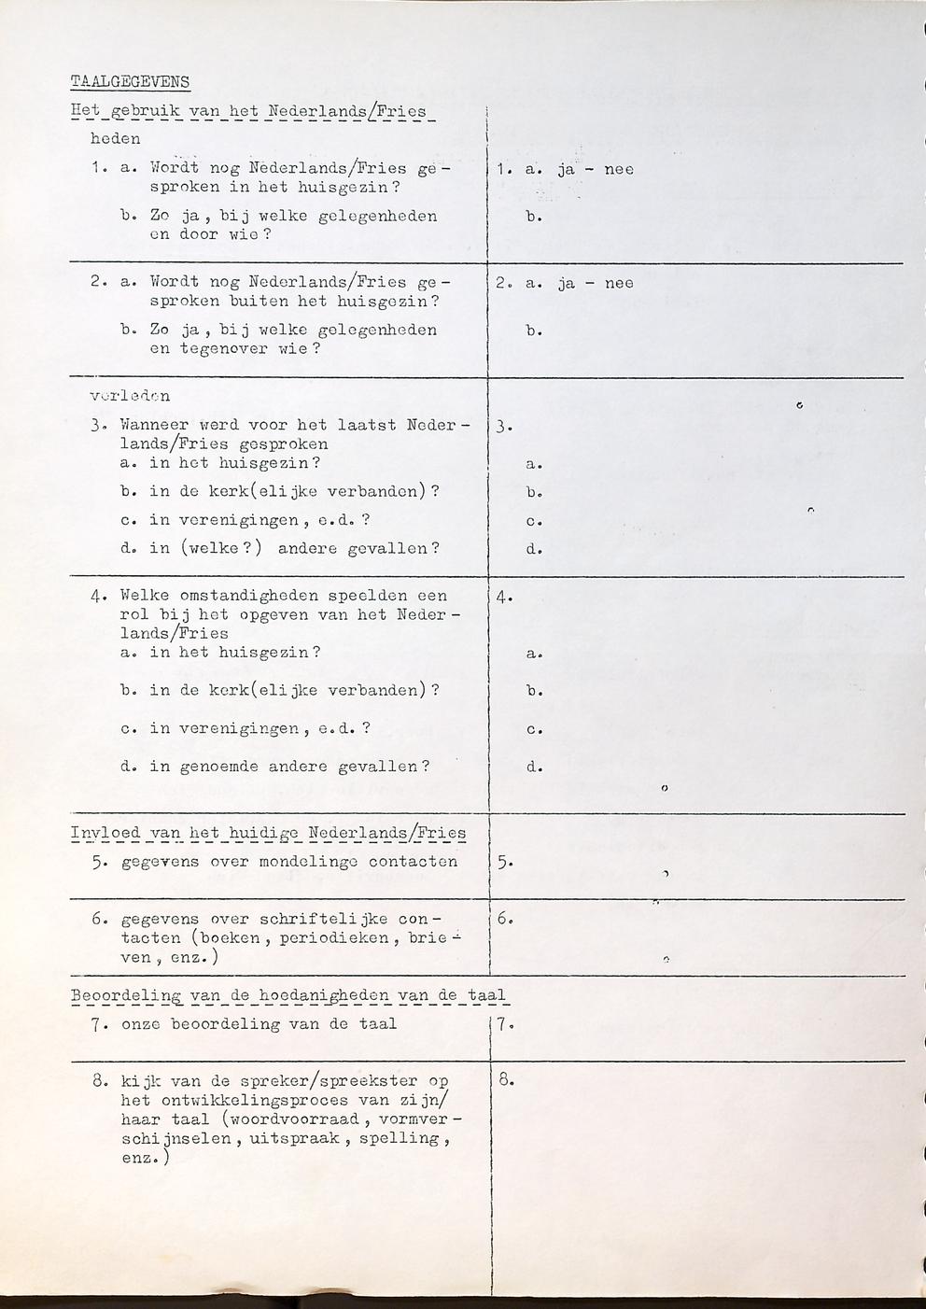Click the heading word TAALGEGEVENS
click(x=130, y=82)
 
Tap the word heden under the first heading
click(x=115, y=139)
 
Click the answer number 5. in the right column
click(x=505, y=864)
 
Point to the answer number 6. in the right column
click(x=505, y=919)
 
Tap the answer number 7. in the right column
click(x=505, y=1025)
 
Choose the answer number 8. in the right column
click(x=505, y=1082)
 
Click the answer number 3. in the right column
click(x=505, y=429)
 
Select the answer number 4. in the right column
click(x=505, y=598)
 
